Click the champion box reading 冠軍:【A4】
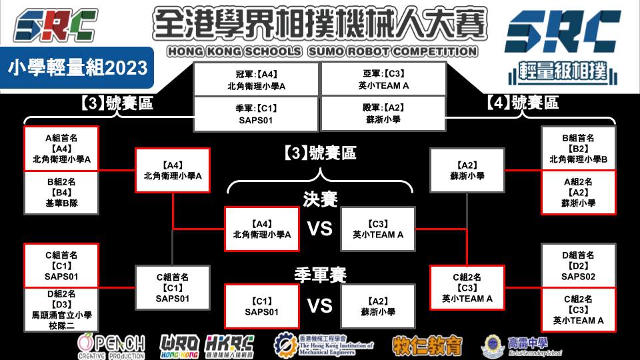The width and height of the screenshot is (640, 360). tap(256, 79)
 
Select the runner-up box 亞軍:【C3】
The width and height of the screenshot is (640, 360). tap(383, 79)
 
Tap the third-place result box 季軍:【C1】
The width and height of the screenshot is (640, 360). tap(256, 114)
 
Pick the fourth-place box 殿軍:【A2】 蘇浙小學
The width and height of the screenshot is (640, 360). tap(383, 114)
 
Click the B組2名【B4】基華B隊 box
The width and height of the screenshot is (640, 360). tap(61, 192)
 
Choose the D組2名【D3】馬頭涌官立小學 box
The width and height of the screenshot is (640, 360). tap(61, 309)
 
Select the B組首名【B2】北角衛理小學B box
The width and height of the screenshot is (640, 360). tap(578, 149)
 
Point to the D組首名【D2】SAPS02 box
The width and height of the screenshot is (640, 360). tap(578, 265)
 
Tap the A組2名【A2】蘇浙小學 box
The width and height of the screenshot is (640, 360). tap(578, 192)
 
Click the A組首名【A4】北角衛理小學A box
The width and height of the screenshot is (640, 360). tap(61, 149)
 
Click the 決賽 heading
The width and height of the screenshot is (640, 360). tap(320, 199)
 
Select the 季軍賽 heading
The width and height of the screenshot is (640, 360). tap(320, 275)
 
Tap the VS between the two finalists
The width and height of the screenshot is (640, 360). tap(320, 229)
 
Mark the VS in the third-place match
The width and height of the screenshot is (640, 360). tap(320, 305)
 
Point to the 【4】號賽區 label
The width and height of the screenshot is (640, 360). tap(522, 103)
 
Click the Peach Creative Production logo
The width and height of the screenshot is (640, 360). tap(111, 345)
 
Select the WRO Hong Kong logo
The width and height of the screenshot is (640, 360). tap(181, 345)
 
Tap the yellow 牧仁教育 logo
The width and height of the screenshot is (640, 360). tap(427, 345)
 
